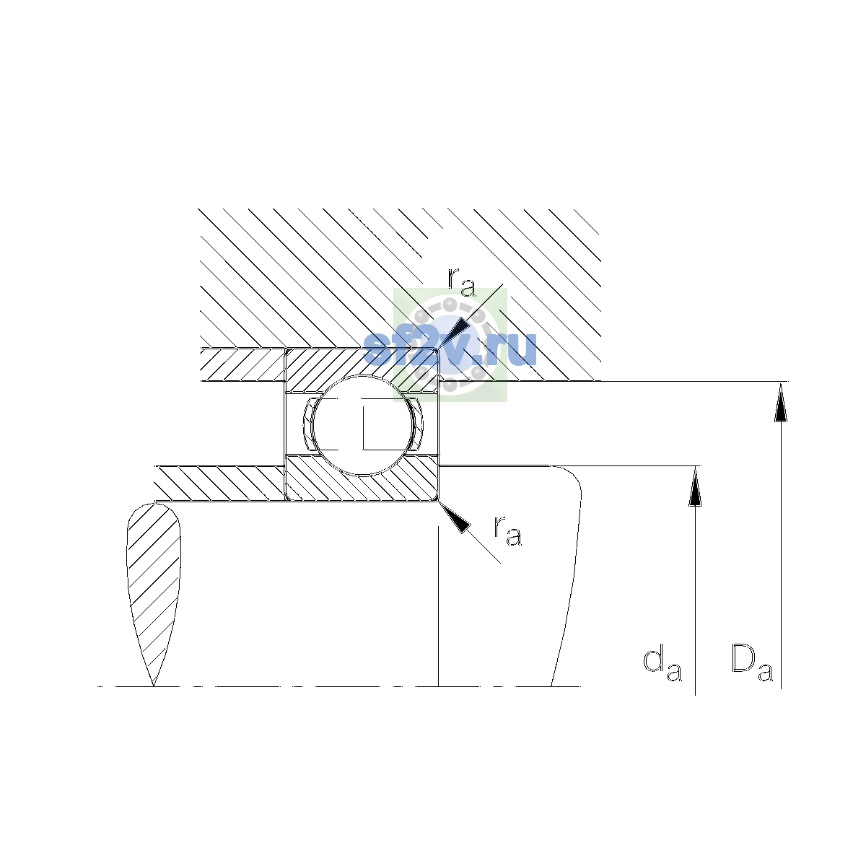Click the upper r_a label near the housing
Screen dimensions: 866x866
[x=461, y=282]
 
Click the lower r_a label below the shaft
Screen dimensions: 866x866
[x=507, y=530]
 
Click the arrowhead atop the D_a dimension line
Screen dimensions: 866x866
[x=781, y=402]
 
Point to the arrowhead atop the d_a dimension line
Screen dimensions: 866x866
[x=695, y=486]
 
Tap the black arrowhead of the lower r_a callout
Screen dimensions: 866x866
[x=455, y=517]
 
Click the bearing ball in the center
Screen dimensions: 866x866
[x=363, y=425]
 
